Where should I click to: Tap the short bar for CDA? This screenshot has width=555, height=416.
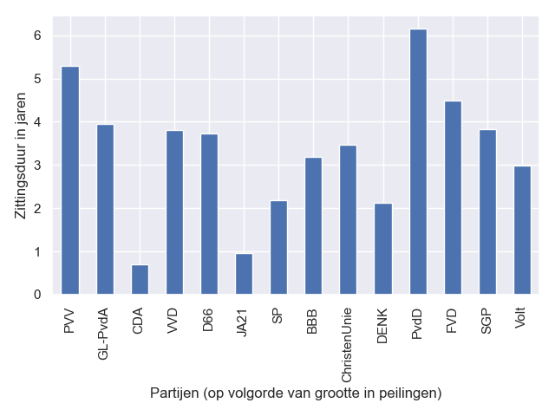140,280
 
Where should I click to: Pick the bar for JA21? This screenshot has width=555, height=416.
244,274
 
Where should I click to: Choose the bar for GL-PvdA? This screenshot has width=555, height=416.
105,210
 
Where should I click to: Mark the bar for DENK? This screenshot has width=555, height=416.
383,249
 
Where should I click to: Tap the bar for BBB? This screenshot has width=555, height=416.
314,226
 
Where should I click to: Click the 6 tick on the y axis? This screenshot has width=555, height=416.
37,36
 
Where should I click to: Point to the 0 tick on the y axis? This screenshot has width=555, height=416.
37,295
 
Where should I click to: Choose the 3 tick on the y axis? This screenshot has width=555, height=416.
37,166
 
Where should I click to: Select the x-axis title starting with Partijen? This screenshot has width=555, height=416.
296,393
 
